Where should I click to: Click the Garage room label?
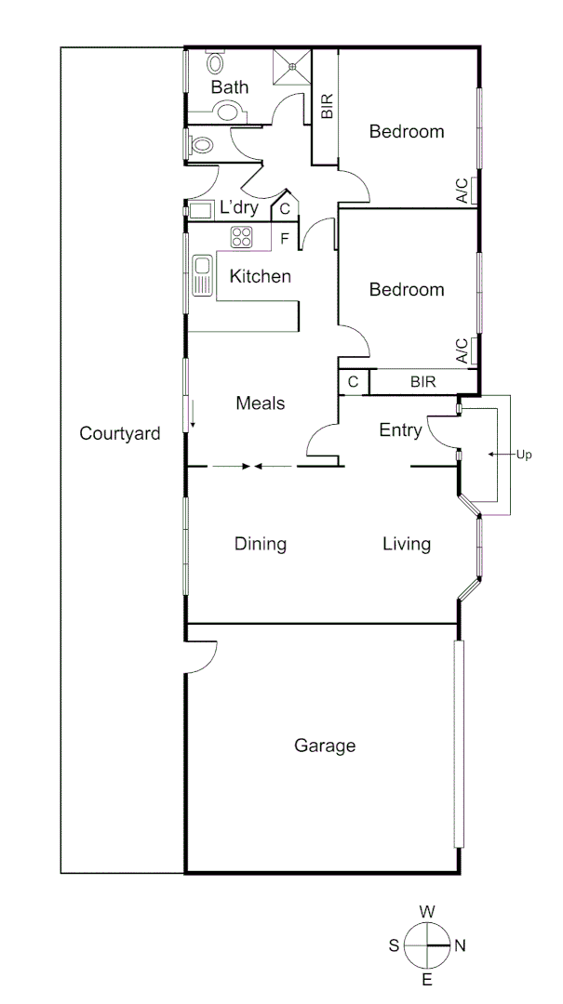(x=325, y=746)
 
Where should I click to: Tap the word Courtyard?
(x=120, y=433)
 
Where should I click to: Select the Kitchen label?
(x=261, y=276)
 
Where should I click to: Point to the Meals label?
(x=260, y=403)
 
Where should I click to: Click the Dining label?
(x=260, y=544)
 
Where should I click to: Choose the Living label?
(x=407, y=544)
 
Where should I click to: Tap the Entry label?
(x=400, y=430)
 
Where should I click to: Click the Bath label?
(x=230, y=88)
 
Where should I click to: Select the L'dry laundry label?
(x=238, y=208)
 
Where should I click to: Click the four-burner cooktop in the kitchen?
(x=242, y=237)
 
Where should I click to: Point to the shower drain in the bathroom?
(x=292, y=67)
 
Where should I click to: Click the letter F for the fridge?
(x=285, y=238)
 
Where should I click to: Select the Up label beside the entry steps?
(x=524, y=455)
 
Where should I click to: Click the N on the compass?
(x=460, y=945)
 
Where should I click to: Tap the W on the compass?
(x=427, y=912)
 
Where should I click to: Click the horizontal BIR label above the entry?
(x=422, y=381)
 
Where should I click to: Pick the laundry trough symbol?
(x=201, y=209)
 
